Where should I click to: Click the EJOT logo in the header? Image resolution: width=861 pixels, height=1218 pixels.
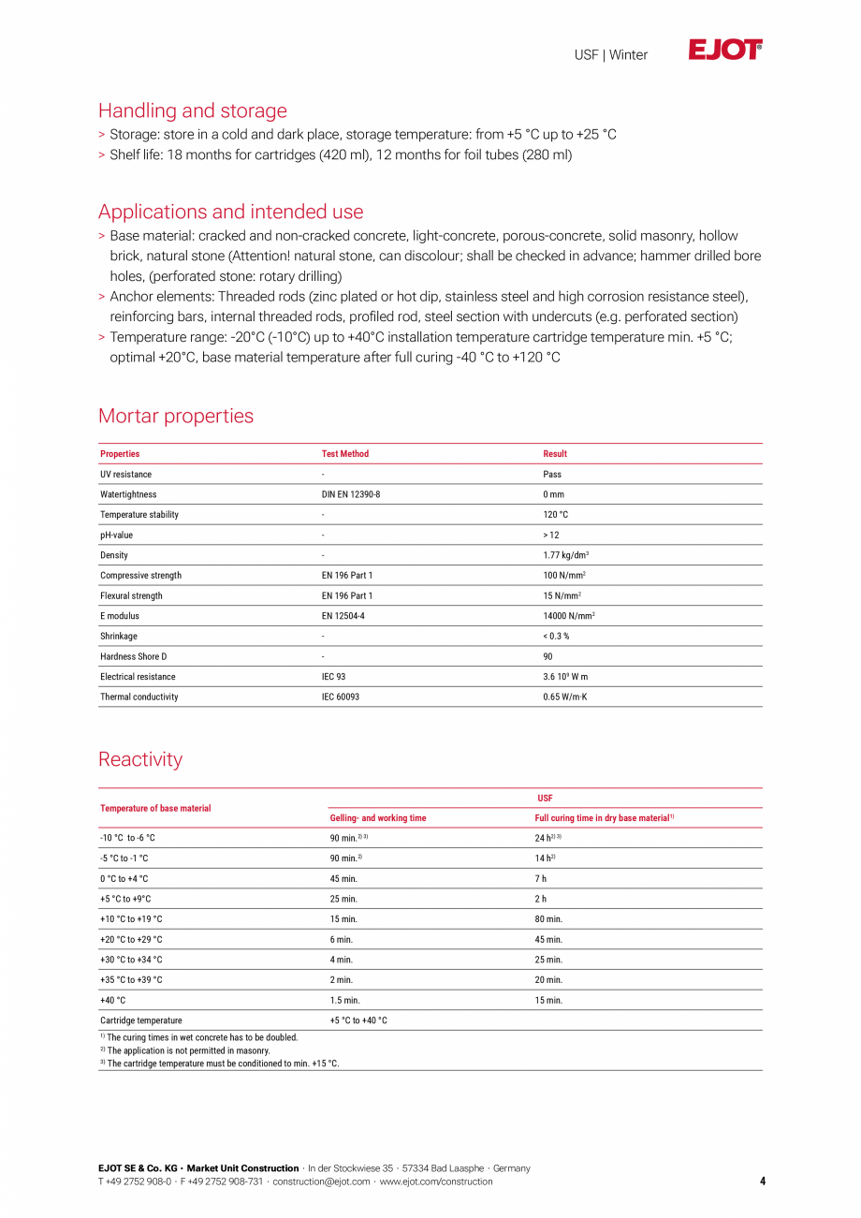point(725,51)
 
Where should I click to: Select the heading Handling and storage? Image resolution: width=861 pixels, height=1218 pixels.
point(193,110)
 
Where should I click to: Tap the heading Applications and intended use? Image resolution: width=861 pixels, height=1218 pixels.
point(230,212)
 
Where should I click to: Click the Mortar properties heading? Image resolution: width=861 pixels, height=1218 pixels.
point(176,416)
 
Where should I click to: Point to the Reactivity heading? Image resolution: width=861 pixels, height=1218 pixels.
point(140,759)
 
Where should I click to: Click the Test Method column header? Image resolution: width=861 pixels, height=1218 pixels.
point(345,454)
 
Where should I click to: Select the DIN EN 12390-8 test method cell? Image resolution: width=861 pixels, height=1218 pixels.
point(351,494)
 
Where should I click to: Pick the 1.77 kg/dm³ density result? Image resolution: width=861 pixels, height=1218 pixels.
point(566,555)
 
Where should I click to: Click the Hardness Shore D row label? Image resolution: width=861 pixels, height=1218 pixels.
point(134,656)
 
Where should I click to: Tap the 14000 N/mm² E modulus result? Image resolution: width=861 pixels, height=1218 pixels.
point(569,616)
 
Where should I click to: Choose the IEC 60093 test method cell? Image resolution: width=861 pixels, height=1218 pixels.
point(343,697)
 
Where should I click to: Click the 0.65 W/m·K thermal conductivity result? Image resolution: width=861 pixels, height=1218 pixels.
point(565,697)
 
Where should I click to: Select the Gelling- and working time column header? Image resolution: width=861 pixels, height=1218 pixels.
point(378,818)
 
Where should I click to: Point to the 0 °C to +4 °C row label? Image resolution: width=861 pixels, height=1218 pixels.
point(124,879)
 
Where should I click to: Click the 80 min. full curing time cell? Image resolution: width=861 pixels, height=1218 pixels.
point(548,919)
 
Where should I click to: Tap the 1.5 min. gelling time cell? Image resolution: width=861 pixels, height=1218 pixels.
point(344,1001)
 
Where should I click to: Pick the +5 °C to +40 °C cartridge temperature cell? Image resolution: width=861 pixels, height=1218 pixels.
point(358,1020)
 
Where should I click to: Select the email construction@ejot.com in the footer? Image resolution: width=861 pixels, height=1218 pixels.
point(321,1181)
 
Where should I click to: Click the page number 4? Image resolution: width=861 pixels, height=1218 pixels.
point(762,1181)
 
